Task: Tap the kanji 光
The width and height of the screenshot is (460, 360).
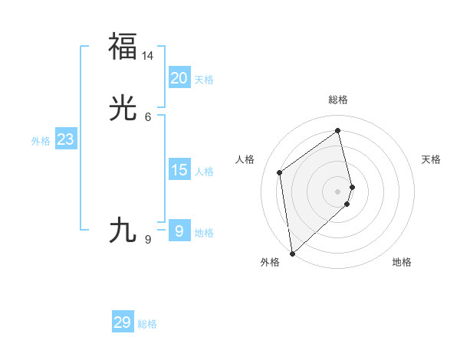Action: click(x=123, y=109)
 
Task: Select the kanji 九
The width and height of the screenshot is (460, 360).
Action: click(x=123, y=230)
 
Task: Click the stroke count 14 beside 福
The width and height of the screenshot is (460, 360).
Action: click(x=148, y=56)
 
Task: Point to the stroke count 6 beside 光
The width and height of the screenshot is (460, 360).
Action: click(x=148, y=116)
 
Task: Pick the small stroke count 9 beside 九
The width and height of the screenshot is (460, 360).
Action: click(x=148, y=240)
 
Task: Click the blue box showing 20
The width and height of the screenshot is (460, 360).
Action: click(x=179, y=78)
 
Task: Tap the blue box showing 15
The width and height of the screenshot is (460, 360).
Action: click(x=179, y=170)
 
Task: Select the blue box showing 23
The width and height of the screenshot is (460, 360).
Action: click(x=65, y=139)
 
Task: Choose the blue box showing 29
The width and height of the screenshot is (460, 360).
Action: click(x=123, y=322)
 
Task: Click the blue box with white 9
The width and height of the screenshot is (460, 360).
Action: click(x=179, y=231)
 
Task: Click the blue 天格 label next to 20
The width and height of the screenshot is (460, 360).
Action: click(x=204, y=80)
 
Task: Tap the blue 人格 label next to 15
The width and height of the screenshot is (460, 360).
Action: click(x=204, y=172)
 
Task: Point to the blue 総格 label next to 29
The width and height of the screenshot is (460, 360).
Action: click(x=147, y=324)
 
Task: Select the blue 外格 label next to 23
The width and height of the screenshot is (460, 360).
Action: click(x=41, y=141)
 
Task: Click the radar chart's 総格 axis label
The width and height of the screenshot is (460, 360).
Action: click(x=338, y=100)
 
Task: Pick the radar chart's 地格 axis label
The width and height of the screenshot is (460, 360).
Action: click(x=402, y=262)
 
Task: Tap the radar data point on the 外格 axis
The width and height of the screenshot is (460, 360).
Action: click(x=292, y=253)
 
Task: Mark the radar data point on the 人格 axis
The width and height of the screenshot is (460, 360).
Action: click(x=280, y=172)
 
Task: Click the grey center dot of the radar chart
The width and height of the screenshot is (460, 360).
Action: click(x=338, y=191)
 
